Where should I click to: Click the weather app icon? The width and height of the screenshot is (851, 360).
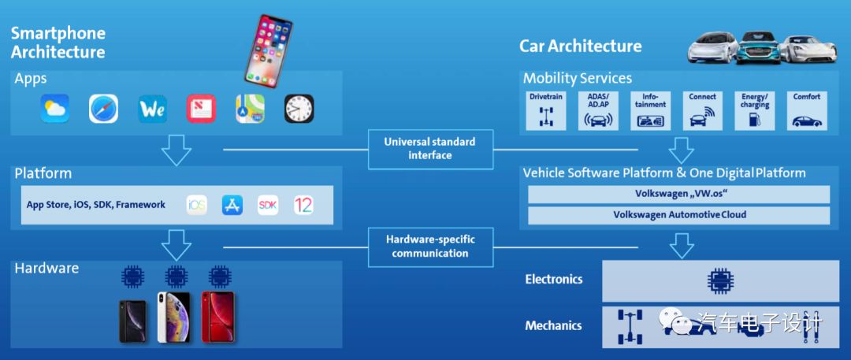tap(55, 109)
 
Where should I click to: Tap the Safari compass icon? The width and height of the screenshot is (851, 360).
tap(103, 109)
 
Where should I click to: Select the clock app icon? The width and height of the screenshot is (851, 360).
tap(299, 109)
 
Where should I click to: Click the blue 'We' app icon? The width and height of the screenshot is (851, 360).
tap(152, 109)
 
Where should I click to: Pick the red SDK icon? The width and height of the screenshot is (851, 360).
tap(268, 206)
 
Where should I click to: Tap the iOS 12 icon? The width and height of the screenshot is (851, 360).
tap(303, 206)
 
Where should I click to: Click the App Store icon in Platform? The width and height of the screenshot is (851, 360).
tap(232, 206)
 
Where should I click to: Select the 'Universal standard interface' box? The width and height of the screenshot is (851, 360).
tap(429, 148)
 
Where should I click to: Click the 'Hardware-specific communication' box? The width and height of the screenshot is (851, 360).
tap(429, 246)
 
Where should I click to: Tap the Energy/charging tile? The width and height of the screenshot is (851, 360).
tap(754, 110)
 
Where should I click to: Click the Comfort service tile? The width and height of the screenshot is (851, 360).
tap(806, 110)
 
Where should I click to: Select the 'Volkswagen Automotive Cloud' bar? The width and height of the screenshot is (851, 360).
tap(678, 215)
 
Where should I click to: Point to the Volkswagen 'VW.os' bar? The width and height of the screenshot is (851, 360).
tap(678, 194)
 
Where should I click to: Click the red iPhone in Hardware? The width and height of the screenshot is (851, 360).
tap(217, 317)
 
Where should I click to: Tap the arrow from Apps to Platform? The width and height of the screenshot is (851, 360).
tap(176, 149)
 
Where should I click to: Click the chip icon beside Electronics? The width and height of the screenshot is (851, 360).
tap(719, 280)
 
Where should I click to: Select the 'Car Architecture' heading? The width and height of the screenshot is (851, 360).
tap(580, 46)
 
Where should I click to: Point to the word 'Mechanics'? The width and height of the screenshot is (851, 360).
tap(553, 325)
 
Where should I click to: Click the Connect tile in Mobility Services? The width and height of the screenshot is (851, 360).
tap(702, 110)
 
